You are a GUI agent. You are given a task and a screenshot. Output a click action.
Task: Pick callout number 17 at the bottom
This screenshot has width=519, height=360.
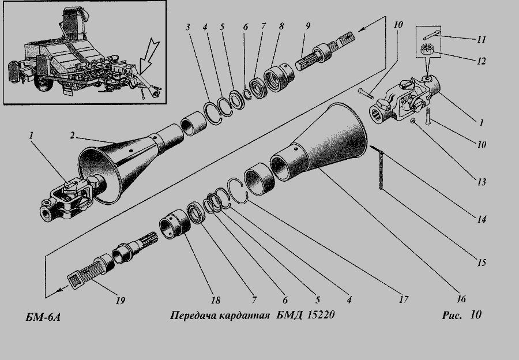point(403,300)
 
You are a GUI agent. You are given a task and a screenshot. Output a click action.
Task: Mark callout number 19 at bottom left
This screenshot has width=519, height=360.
point(119,301)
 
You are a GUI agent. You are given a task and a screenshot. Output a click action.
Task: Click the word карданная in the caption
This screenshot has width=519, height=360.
point(243,316)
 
